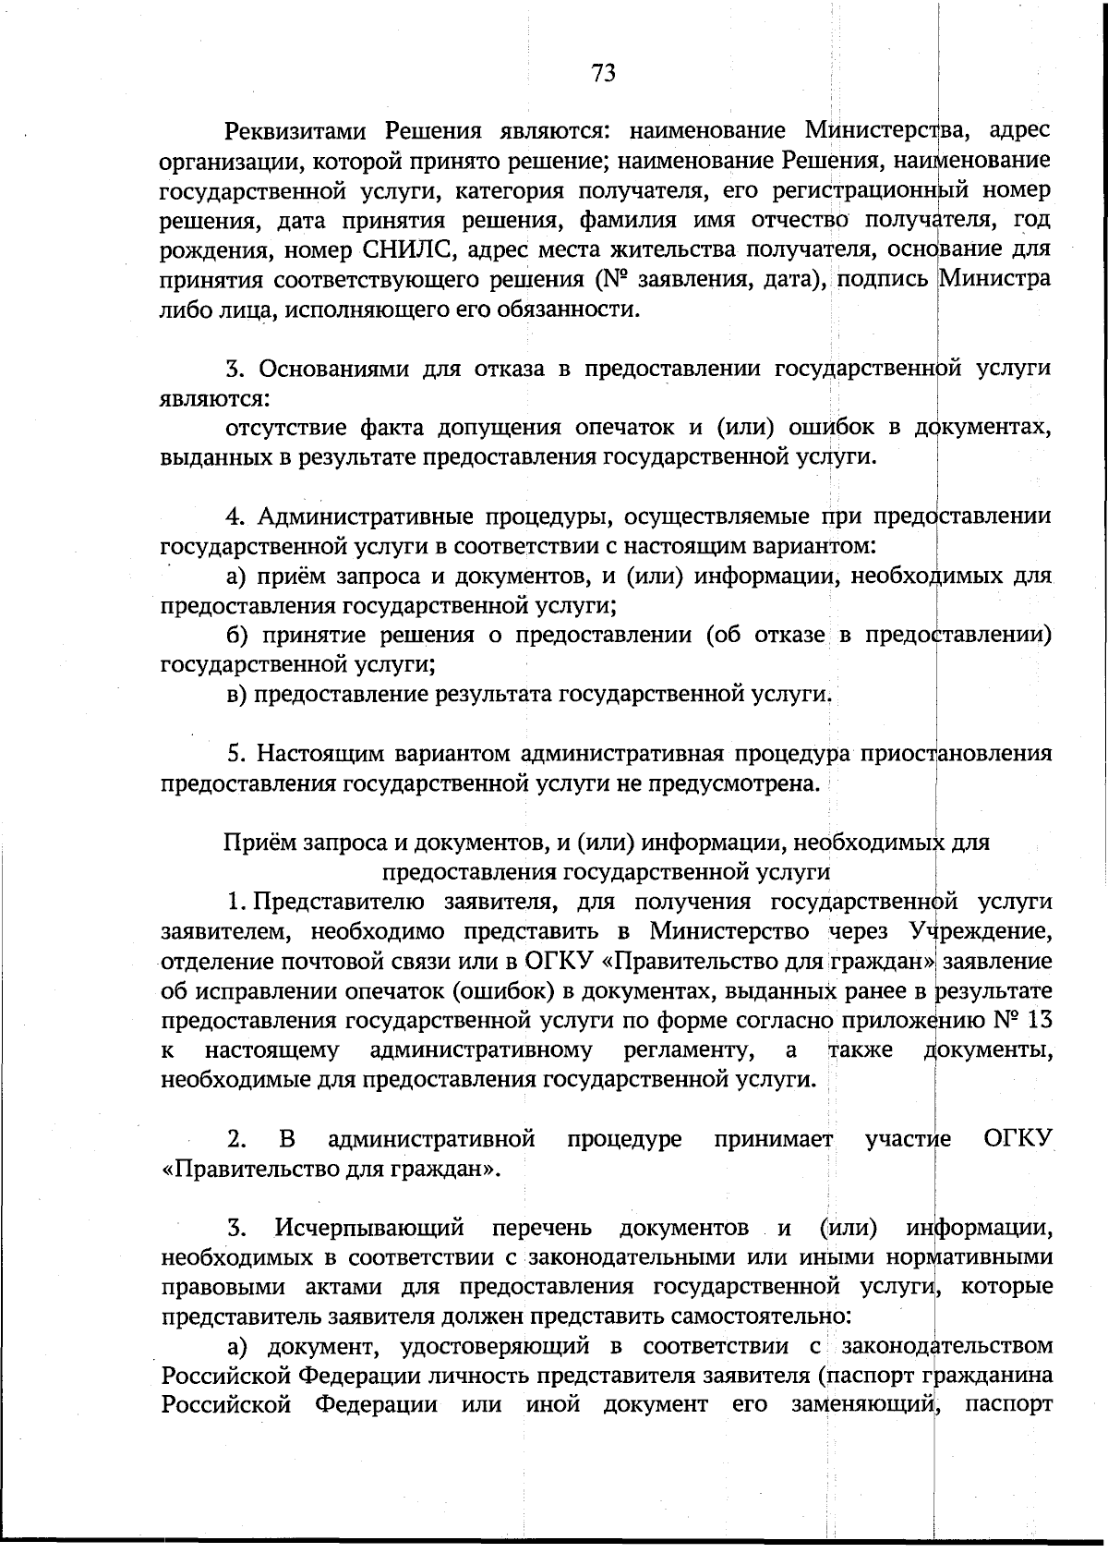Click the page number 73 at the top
point(603,73)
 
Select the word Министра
point(994,278)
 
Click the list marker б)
point(239,636)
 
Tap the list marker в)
point(238,694)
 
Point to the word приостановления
point(956,754)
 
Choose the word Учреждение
point(979,930)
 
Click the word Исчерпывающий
point(368,1229)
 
